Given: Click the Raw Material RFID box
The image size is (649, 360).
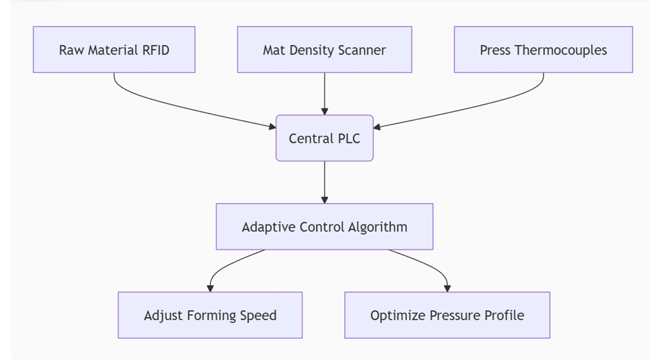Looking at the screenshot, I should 114,49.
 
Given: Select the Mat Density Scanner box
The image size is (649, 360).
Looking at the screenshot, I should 324,49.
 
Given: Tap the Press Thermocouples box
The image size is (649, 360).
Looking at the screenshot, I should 543,49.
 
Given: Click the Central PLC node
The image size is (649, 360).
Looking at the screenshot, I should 324,138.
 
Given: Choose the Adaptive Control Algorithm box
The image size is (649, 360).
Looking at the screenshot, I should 324,227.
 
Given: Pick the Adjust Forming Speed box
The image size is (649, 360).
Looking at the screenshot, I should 210,315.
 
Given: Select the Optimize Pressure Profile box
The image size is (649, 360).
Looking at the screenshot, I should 447,315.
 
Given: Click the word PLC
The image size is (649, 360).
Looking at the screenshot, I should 347,138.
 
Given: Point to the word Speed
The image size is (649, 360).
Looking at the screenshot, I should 258,315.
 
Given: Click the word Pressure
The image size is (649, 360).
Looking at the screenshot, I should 454,315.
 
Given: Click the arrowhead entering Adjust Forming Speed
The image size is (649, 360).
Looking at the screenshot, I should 210,288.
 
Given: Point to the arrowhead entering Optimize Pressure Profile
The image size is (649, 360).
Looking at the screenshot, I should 447,288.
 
